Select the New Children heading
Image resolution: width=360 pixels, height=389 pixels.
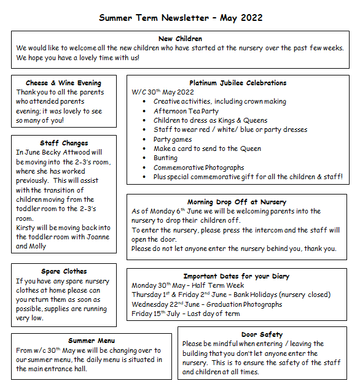tap(180, 39)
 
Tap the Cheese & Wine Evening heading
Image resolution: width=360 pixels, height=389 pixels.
tap(63, 83)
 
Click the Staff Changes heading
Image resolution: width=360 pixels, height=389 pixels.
tap(63, 143)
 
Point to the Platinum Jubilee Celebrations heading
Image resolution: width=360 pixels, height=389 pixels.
tap(237, 83)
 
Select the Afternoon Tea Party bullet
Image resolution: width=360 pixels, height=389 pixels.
tap(186, 111)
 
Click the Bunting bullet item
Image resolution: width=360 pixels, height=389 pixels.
tap(165, 158)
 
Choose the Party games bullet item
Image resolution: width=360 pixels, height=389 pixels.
tap(172, 139)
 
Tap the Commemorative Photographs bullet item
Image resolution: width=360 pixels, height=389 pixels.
tap(198, 168)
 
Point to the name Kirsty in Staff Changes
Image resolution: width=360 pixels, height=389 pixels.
tap(26, 228)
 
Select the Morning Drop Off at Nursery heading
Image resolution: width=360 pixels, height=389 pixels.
tap(237, 202)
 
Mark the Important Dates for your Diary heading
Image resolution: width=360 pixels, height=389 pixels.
tap(237, 276)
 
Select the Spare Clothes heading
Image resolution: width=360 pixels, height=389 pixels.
tap(63, 271)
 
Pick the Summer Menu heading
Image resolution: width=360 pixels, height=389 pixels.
tap(90, 341)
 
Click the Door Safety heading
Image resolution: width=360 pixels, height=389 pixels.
tap(262, 334)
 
